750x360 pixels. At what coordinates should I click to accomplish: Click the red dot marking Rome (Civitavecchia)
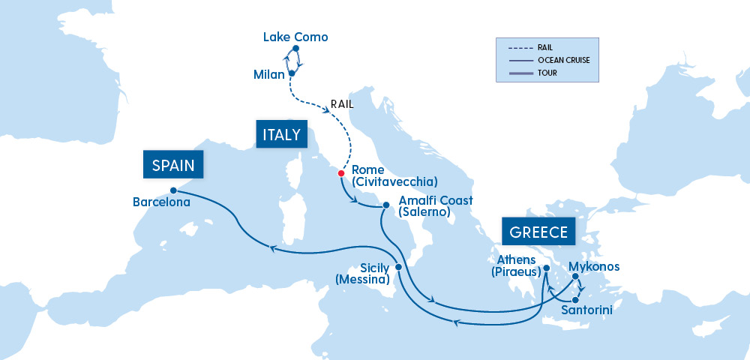coord(341,173)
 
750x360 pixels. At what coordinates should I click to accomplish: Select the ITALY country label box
coord(281,134)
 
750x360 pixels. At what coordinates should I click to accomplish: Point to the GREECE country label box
coord(538,232)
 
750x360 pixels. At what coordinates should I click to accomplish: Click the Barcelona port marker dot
coord(173,190)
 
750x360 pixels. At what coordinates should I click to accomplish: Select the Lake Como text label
coord(295,37)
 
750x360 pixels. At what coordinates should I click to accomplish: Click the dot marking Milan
coord(291,73)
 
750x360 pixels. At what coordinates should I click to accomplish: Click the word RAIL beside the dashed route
coord(342,104)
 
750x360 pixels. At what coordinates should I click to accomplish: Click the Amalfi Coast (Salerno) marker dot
coord(385,205)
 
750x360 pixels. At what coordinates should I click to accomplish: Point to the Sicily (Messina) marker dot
coord(398,267)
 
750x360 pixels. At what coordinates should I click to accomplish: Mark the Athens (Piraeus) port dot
coord(547,268)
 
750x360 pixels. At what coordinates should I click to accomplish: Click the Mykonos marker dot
coord(575,277)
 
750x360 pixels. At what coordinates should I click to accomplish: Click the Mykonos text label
coord(594,266)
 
